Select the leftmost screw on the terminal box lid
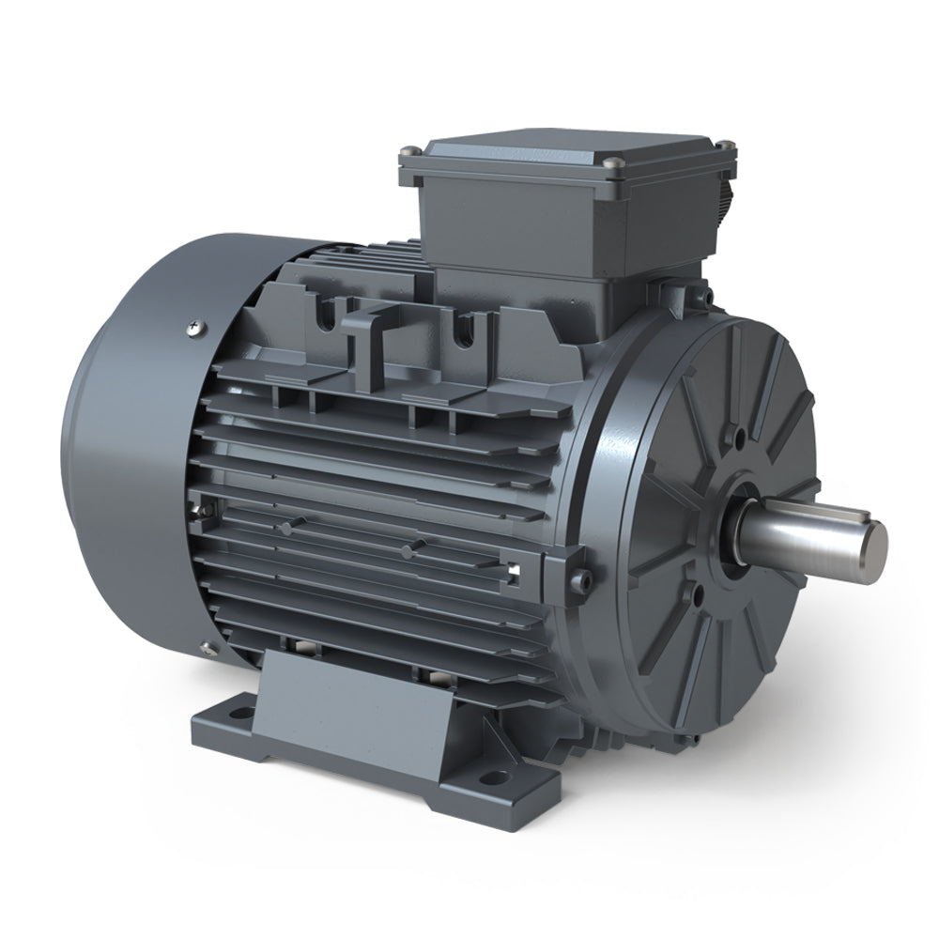click(406, 150)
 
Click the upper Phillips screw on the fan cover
click(195, 326)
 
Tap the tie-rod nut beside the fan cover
click(202, 512)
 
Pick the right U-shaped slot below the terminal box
click(460, 331)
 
